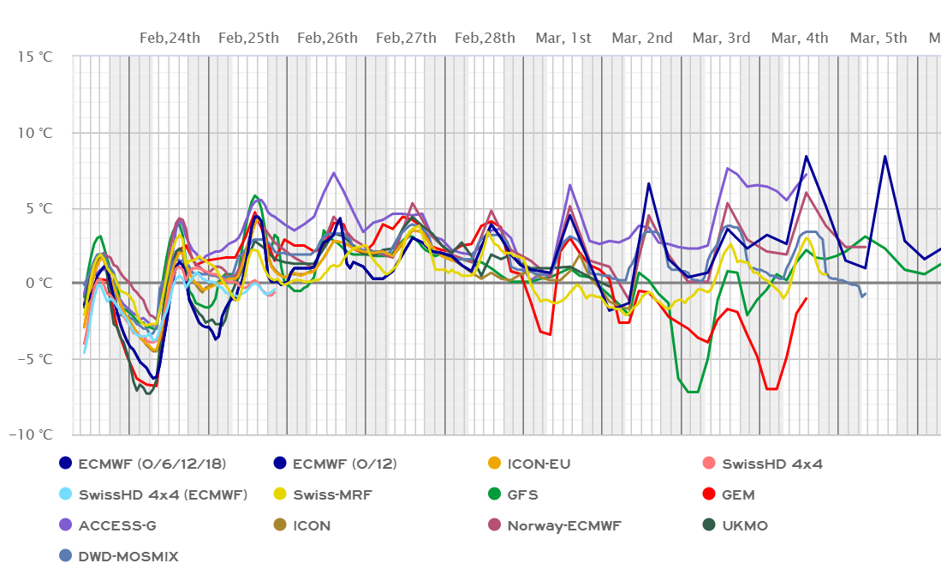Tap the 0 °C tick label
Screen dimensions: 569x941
[x=40, y=283]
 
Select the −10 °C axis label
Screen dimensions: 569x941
[x=32, y=434]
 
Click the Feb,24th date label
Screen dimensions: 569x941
[x=170, y=38]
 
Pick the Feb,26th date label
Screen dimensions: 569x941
[x=327, y=38]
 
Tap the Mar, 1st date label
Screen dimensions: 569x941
[x=563, y=38]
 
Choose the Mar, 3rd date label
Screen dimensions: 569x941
[x=721, y=38]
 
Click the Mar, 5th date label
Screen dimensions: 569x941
[x=878, y=38]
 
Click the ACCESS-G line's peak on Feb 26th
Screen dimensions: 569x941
[x=333, y=173]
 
